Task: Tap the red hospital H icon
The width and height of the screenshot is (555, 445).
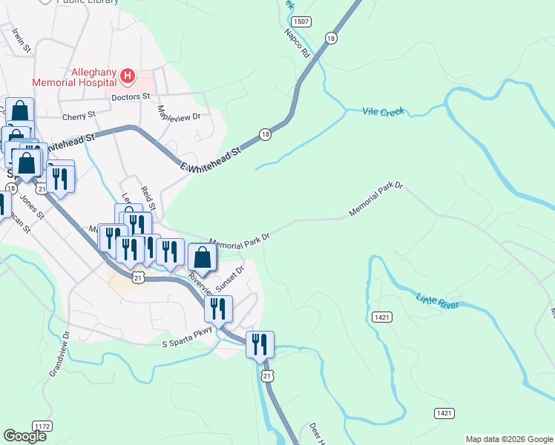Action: point(128,76)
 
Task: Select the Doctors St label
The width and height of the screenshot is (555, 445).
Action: point(131,96)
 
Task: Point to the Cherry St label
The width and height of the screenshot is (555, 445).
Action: point(79,116)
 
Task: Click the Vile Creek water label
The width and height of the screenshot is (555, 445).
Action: point(383,111)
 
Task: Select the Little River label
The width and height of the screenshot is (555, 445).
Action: point(437,299)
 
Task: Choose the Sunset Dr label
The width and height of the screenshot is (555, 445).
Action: point(229,280)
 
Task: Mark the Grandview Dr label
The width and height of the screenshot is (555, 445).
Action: point(59,355)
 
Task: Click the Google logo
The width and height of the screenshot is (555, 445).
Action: point(24,436)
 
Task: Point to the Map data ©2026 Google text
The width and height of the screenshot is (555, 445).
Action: point(509,439)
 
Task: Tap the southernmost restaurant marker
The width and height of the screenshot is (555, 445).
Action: point(260,345)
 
